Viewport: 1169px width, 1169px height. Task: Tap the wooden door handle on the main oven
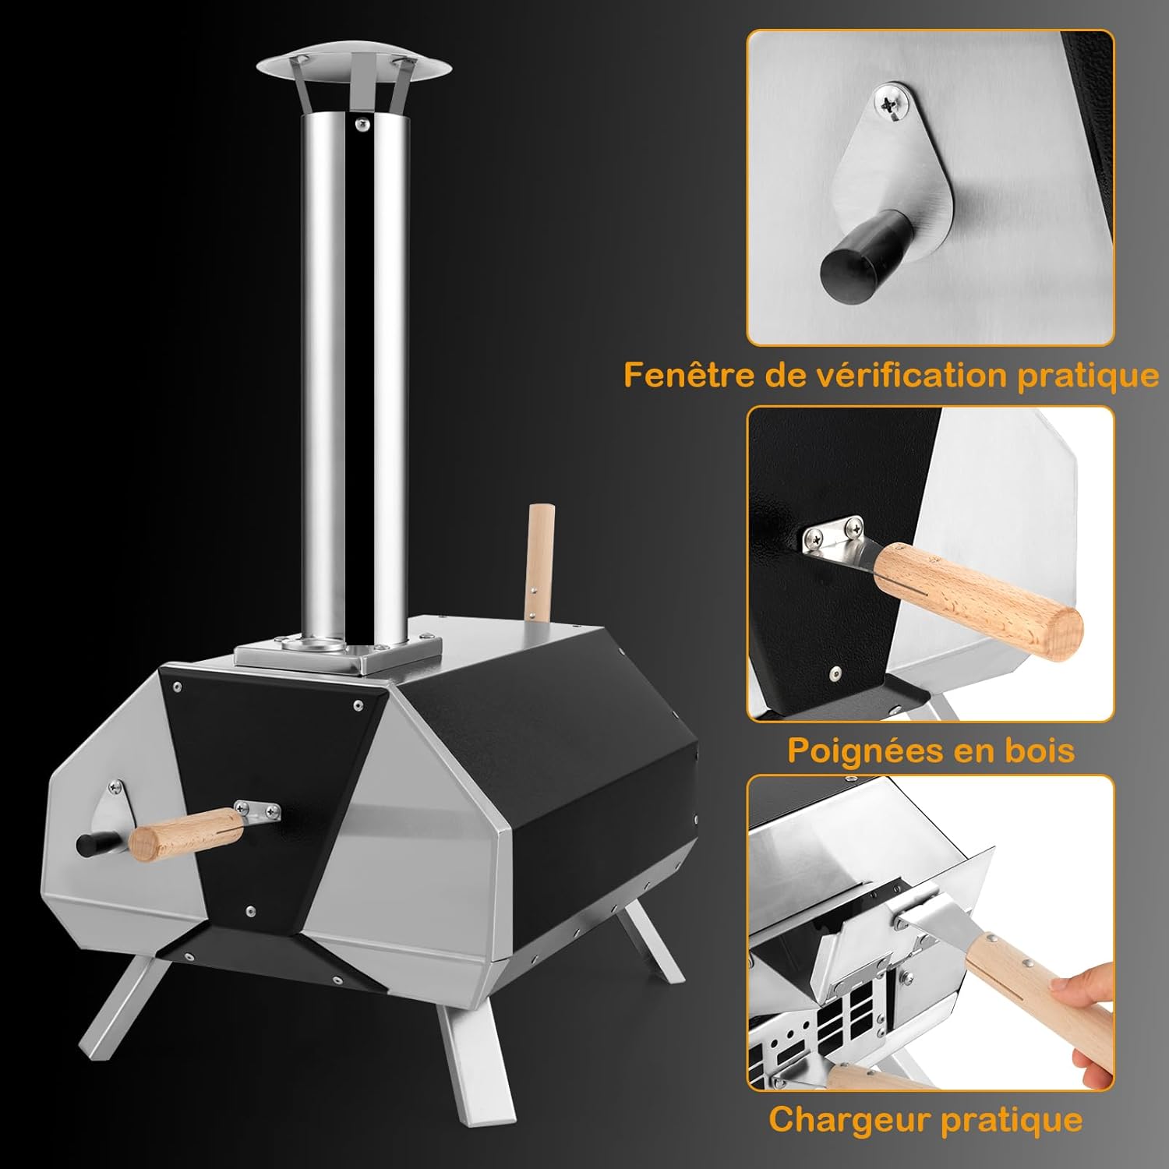(x=185, y=833)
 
